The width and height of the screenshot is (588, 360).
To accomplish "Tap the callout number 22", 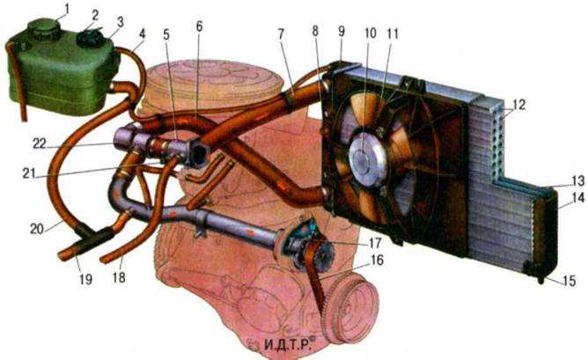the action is coord(39,143).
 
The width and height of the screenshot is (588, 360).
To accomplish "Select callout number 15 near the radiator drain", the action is coord(569,281).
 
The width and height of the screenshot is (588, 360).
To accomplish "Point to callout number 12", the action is coord(519,105).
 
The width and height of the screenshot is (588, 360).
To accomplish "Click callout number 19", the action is coord(85,279).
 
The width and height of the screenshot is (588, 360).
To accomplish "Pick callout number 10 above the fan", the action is coord(370,33).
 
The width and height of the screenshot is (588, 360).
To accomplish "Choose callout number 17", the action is coord(375,243).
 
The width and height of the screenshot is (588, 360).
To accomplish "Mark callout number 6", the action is coord(199,26).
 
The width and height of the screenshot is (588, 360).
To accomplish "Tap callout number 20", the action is coord(37,228).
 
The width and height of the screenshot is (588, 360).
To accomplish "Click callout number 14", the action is coord(578,198).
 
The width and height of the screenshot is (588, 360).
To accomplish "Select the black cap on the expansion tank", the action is coord(90,38).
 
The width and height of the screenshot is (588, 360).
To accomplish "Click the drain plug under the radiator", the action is coord(540,280).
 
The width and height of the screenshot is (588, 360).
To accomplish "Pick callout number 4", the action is coord(142,33).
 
